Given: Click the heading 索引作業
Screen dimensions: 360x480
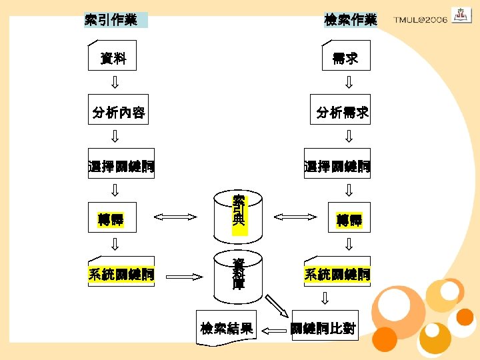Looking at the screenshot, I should [x=111, y=20].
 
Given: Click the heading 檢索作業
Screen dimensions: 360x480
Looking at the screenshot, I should [x=351, y=20].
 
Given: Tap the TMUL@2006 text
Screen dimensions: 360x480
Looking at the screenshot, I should [x=420, y=20].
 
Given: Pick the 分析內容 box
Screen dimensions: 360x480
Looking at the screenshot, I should [x=119, y=113].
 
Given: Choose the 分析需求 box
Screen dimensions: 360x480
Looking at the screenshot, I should [x=343, y=113].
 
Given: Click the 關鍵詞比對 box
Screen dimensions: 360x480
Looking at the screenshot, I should [x=323, y=328].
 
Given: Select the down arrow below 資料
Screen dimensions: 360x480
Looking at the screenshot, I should [x=115, y=83].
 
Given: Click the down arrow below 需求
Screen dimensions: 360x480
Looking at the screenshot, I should [x=348, y=83].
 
